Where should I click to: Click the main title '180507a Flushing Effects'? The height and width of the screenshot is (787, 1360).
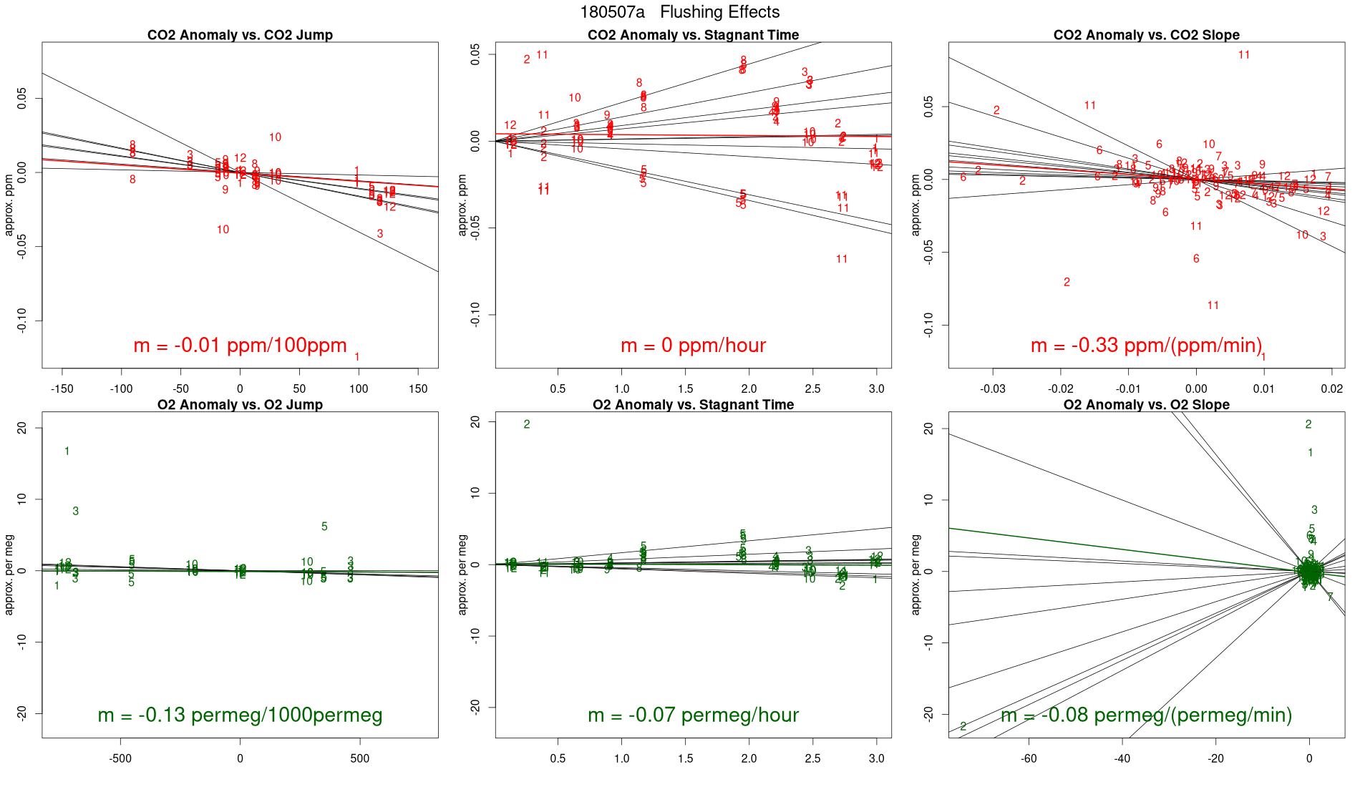679,12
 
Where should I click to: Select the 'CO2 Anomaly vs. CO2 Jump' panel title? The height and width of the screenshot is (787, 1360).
240,35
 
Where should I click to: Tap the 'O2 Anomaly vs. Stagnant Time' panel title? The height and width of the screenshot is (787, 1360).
693,405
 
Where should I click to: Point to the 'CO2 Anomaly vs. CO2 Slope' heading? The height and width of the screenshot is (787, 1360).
1146,35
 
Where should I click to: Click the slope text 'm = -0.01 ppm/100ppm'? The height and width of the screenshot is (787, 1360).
240,346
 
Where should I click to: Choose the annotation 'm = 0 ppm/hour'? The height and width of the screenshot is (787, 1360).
693,346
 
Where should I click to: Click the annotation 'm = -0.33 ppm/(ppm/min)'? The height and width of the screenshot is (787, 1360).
1146,346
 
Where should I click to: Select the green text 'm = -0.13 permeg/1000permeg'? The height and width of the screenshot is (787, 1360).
240,715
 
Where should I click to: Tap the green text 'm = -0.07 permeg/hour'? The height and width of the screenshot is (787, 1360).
693,715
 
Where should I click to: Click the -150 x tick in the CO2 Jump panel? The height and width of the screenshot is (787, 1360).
62,389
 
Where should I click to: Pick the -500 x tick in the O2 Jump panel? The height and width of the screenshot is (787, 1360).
120,758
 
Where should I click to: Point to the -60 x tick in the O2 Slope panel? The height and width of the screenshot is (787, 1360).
1029,758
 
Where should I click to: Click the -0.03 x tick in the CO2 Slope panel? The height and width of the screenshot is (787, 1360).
993,389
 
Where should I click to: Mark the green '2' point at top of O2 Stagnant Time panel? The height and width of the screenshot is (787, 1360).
527,424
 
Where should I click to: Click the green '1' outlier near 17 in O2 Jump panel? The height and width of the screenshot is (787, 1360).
67,451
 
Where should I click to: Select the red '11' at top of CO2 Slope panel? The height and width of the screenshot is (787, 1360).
1244,55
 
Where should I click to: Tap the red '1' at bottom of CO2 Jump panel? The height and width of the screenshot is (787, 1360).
357,357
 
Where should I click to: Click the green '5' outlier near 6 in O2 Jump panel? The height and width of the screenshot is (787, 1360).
324,527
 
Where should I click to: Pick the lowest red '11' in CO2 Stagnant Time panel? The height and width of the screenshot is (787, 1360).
842,259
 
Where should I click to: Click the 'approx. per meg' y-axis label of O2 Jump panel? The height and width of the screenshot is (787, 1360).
9,574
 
